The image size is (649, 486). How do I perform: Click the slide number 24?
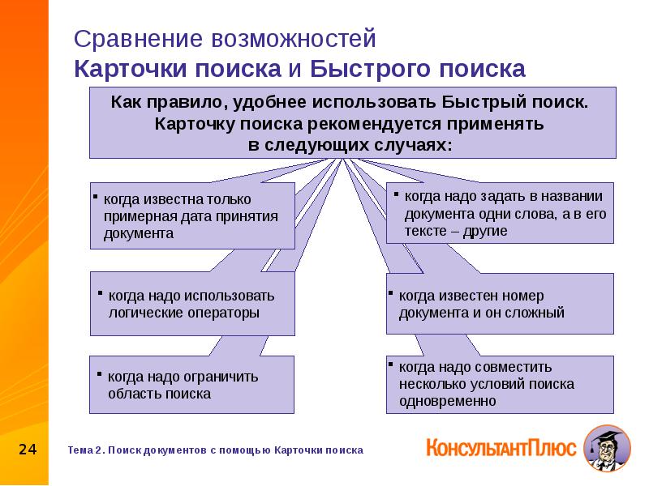click(x=28, y=449)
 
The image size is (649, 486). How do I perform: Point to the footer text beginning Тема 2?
click(x=215, y=450)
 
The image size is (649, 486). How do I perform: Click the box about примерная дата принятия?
click(x=191, y=215)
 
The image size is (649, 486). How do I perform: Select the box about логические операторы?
click(x=191, y=304)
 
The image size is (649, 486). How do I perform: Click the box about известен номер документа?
click(x=500, y=304)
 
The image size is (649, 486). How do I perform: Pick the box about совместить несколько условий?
click(x=500, y=384)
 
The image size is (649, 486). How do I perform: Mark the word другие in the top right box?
click(x=486, y=231)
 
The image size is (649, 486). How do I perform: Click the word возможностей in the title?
click(x=292, y=39)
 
